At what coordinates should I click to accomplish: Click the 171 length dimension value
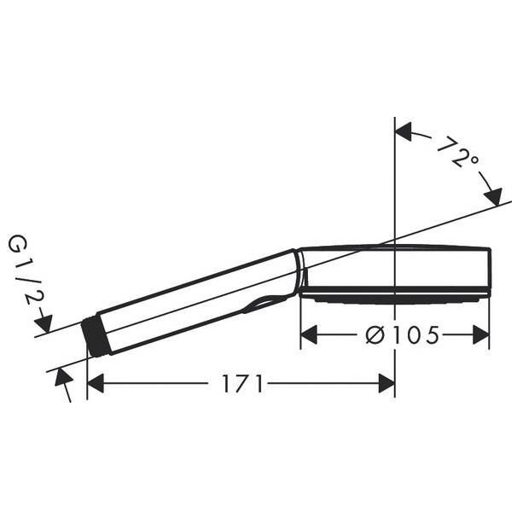(243, 383)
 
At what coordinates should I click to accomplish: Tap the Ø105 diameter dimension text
(403, 334)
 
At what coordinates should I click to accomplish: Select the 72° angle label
(456, 153)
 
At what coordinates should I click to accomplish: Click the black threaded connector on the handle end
(95, 335)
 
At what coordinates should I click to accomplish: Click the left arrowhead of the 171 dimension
(96, 383)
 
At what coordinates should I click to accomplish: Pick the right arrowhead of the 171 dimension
(386, 383)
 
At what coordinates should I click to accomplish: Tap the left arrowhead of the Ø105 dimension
(309, 334)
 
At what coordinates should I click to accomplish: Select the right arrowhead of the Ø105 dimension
(481, 334)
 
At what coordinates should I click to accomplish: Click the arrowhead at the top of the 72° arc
(404, 131)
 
